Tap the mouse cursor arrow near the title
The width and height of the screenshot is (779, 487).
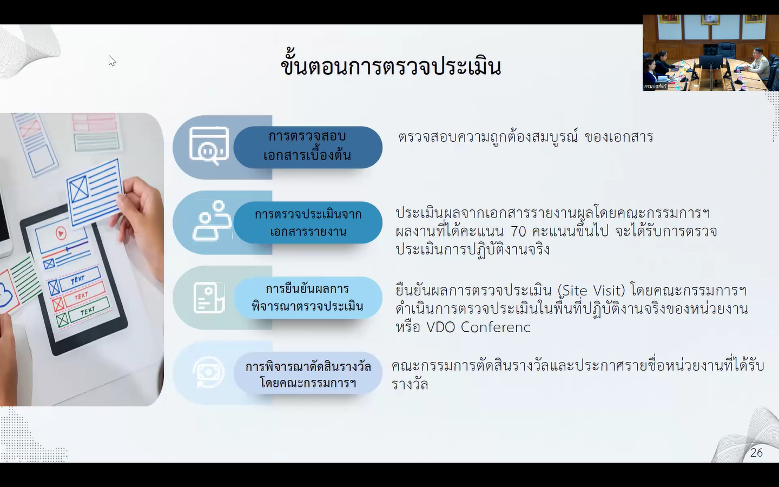click(111, 61)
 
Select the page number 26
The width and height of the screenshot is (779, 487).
click(756, 452)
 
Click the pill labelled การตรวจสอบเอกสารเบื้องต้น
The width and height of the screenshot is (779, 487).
click(307, 147)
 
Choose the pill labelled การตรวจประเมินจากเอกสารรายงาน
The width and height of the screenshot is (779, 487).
click(307, 222)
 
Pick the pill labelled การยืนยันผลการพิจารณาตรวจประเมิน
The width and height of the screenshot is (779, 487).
click(307, 298)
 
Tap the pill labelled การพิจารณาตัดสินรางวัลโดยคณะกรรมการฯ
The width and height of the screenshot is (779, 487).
click(307, 373)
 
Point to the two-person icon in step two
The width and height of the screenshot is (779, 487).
click(212, 221)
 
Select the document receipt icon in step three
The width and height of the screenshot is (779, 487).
click(209, 298)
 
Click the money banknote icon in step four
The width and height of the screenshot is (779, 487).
click(208, 372)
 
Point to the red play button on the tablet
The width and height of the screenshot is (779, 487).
click(61, 233)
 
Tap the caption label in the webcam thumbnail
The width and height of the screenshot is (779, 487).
click(655, 86)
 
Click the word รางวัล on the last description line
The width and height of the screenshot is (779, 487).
click(410, 385)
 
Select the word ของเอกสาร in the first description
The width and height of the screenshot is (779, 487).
click(619, 137)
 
